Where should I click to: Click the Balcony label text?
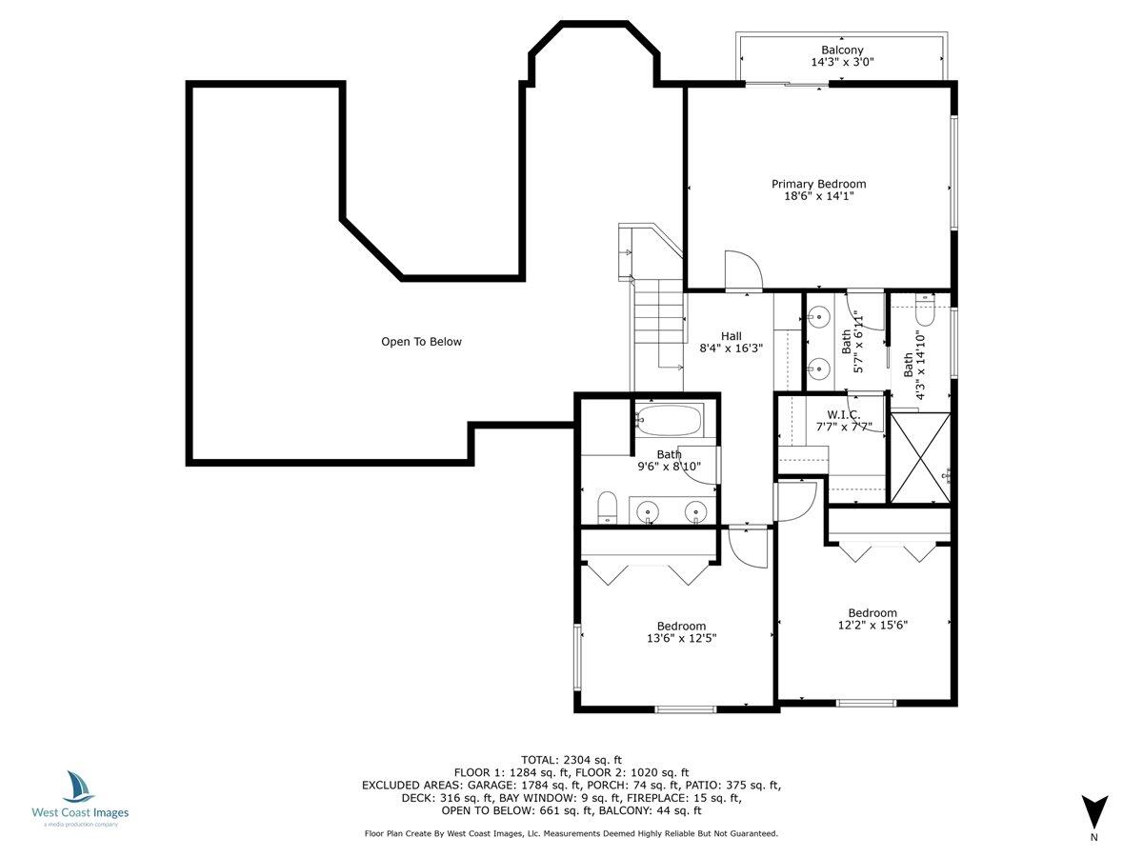tap(842, 50)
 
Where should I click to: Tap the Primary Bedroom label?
tap(818, 184)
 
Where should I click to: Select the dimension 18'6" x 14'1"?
tap(818, 197)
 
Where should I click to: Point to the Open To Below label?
tap(421, 342)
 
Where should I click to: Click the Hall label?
tap(731, 335)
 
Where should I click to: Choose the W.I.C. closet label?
tap(843, 414)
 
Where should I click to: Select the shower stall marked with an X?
tap(919, 456)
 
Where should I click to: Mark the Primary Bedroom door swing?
tap(741, 270)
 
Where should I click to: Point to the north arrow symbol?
tap(1094, 811)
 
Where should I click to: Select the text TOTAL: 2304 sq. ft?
tap(571, 759)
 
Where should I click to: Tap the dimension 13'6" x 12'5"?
tap(681, 639)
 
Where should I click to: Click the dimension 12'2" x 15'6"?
tap(872, 626)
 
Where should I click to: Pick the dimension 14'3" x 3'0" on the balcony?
tap(842, 63)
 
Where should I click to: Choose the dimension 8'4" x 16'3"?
tap(731, 349)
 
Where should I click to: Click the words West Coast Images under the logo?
tap(80, 813)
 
